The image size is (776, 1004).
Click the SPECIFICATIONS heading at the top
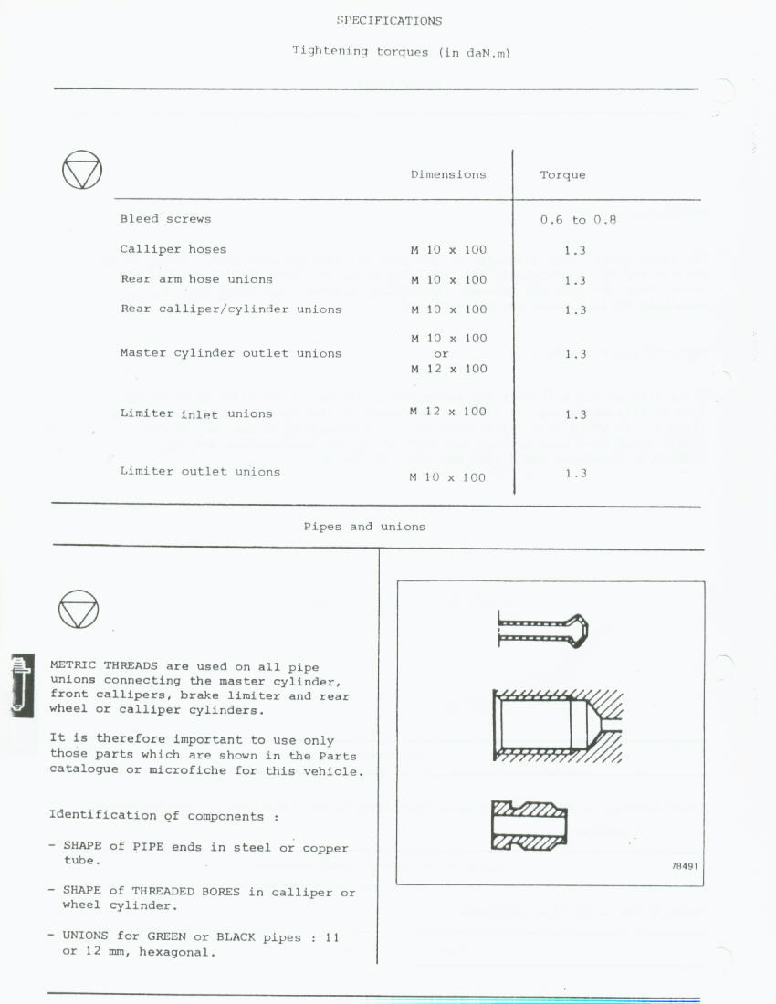click(x=389, y=21)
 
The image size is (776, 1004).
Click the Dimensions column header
click(x=448, y=174)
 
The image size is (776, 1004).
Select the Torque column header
click(x=562, y=175)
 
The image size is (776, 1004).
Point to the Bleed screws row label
click(x=165, y=219)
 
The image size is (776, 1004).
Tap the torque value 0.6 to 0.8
click(x=578, y=220)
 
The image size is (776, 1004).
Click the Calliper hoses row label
click(x=173, y=249)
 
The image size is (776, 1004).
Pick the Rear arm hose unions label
click(x=196, y=279)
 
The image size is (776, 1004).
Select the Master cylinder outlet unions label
click(x=231, y=353)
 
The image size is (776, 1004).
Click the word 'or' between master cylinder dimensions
click(x=441, y=353)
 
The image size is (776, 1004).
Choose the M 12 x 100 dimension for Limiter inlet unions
click(x=448, y=412)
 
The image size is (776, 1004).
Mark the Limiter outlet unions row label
click(x=200, y=472)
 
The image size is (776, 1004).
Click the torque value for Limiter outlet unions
click(x=575, y=474)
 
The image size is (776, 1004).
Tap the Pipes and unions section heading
click(x=364, y=527)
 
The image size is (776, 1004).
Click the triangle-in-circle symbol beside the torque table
click(x=82, y=170)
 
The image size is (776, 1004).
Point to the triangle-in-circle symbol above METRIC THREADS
click(x=79, y=609)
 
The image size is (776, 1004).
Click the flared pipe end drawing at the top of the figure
click(x=543, y=630)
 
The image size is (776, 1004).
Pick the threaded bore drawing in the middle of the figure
click(x=557, y=725)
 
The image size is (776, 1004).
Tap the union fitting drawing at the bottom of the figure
click(x=530, y=825)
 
